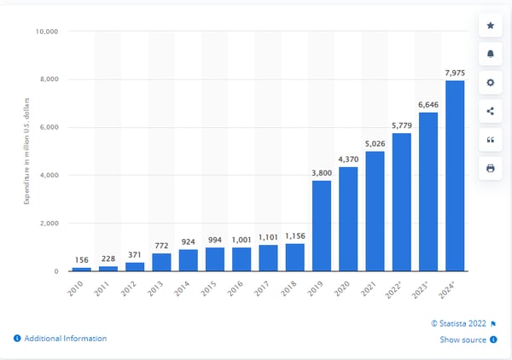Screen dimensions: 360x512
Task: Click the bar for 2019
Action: [x=322, y=226]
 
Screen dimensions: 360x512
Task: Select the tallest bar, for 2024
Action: [x=455, y=176]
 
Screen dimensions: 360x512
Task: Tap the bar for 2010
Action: [x=80, y=269]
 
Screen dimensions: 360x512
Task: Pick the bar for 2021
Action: [x=375, y=211]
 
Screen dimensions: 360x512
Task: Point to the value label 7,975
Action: [x=455, y=72]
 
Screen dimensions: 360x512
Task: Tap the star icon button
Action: [x=490, y=26]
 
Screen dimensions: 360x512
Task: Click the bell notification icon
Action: [x=490, y=54]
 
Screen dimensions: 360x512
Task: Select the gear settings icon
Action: [x=490, y=83]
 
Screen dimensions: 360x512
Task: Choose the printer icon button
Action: [x=490, y=168]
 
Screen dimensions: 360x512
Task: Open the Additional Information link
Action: [x=65, y=339]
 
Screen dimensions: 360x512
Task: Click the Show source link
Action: [x=463, y=340]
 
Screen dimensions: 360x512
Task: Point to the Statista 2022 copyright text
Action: [x=461, y=323]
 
